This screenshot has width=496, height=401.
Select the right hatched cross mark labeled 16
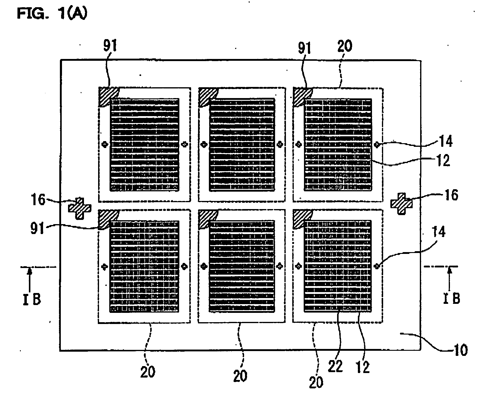click(401, 204)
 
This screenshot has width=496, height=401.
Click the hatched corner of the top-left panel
click(108, 96)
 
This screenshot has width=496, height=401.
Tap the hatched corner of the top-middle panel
click(208, 96)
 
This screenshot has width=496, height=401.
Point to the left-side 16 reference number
click(39, 200)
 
